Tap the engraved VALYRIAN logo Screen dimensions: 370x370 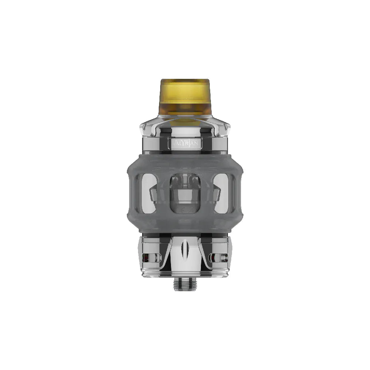(x=185, y=142)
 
